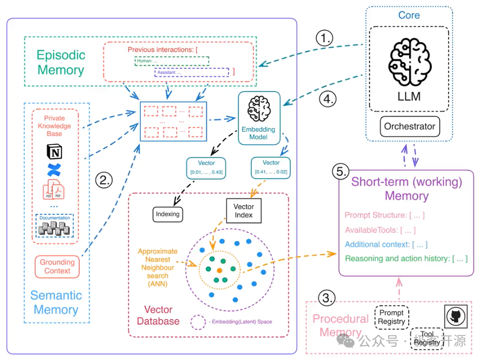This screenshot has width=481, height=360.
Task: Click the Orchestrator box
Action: click(409, 126)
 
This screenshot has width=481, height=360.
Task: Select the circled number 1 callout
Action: click(324, 39)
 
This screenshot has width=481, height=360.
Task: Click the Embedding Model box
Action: click(258, 118)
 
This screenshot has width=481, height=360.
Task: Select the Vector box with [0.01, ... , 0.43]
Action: click(207, 167)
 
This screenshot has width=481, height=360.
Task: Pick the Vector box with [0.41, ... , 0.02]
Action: click(271, 167)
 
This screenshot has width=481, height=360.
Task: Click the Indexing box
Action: click(168, 214)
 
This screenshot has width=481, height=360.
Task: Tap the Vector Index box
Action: click(244, 210)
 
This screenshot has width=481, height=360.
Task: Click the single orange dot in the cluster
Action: click(219, 271)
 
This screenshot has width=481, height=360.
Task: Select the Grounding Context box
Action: click(57, 266)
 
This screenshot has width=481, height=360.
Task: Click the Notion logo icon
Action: click(55, 152)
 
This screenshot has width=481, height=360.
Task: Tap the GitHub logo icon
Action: click(456, 316)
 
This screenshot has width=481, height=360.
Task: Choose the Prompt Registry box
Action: click(392, 317)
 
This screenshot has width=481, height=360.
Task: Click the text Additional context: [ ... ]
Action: click(386, 244)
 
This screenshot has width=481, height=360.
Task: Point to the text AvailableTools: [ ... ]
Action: click(380, 230)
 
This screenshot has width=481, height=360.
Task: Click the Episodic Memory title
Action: click(61, 63)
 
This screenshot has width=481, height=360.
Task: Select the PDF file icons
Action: click(54, 190)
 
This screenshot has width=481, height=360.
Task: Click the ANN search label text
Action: click(158, 267)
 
